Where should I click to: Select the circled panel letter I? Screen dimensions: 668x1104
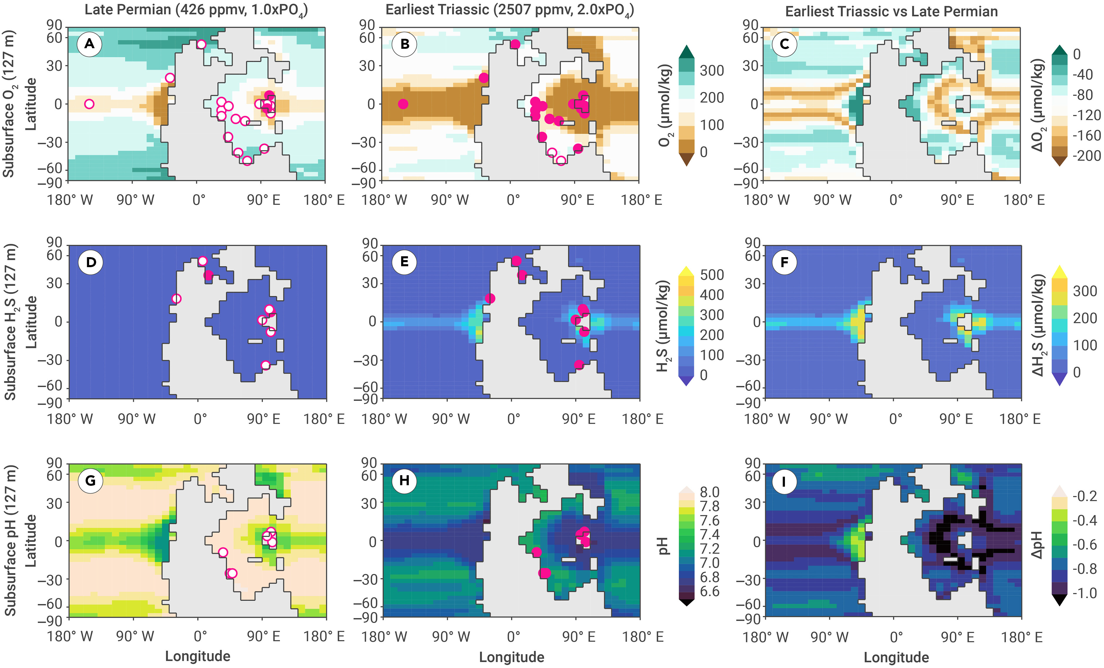(x=784, y=482)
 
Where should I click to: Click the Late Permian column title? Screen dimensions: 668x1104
(x=196, y=10)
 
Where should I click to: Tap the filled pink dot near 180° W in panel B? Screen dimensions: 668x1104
(x=403, y=104)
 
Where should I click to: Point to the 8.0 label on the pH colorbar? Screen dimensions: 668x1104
(x=709, y=492)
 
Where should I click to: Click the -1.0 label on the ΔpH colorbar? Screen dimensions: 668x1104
(x=1084, y=593)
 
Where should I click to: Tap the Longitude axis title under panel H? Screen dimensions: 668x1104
(x=512, y=657)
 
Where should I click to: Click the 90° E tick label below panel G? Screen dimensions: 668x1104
(x=264, y=636)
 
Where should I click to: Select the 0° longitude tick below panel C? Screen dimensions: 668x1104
(x=896, y=200)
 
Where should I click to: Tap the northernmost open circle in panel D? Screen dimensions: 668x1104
(x=203, y=261)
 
